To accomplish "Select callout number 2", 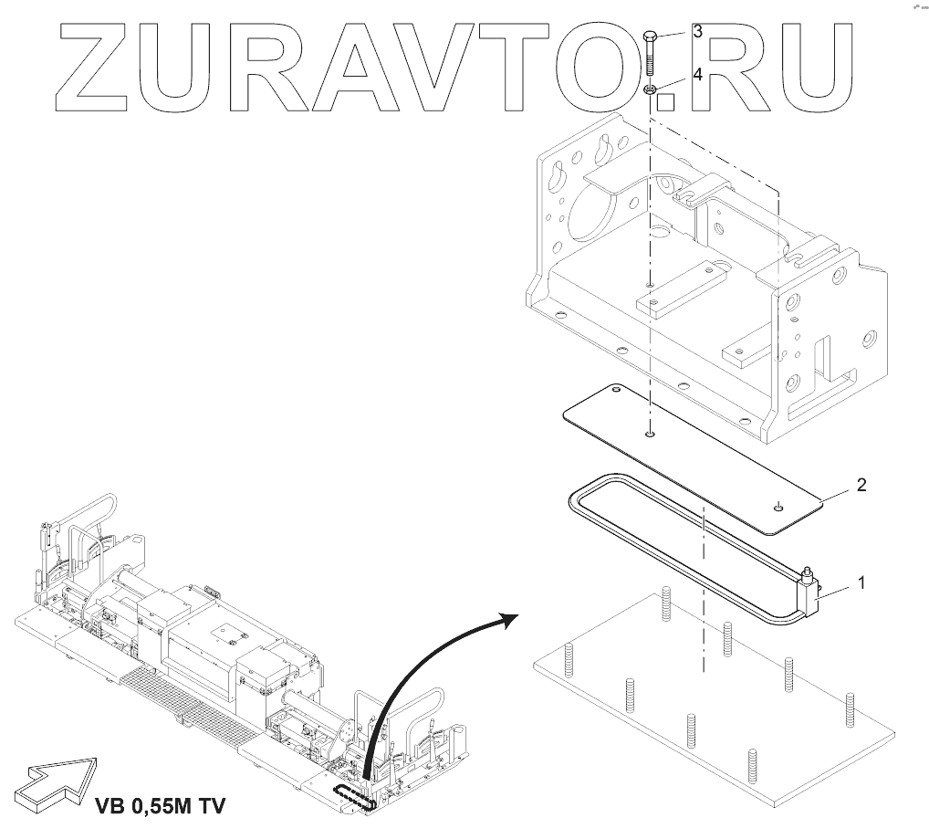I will pyautogui.click(x=861, y=484).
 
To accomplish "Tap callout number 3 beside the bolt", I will pyautogui.click(x=696, y=32).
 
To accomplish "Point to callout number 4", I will pyautogui.click(x=696, y=75).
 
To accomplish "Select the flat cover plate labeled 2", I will pyautogui.click(x=694, y=456).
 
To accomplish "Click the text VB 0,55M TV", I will pyautogui.click(x=159, y=806).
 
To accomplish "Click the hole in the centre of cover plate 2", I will pyautogui.click(x=649, y=434).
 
